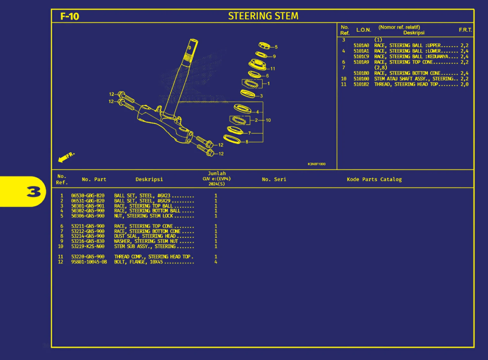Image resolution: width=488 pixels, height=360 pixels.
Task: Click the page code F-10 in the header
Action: click(x=70, y=16)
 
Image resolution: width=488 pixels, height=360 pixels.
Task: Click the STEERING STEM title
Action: click(x=263, y=16)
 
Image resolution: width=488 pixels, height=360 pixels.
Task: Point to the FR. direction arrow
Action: click(x=66, y=157)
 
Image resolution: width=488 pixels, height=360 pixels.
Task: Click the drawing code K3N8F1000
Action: click(x=316, y=164)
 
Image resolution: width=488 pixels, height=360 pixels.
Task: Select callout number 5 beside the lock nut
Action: click(x=276, y=47)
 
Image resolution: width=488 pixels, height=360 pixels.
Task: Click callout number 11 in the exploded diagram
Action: click(x=272, y=69)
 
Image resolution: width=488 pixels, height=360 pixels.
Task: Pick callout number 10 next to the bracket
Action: click(x=268, y=120)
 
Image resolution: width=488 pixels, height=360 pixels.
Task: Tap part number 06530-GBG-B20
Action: click(x=88, y=195)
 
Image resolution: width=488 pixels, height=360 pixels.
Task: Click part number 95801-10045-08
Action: click(x=89, y=262)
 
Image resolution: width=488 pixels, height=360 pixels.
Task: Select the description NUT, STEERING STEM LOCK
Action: click(x=143, y=216)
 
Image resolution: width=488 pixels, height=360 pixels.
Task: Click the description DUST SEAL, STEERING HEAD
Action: click(x=145, y=236)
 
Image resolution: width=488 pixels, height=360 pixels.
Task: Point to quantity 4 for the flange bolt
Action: click(x=216, y=262)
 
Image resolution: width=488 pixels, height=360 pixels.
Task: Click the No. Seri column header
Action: click(x=274, y=180)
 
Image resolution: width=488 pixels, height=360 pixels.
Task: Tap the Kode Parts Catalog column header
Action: click(x=374, y=180)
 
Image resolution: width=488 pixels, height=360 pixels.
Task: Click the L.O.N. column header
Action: click(x=363, y=30)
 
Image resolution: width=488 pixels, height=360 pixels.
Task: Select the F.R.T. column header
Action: click(x=465, y=30)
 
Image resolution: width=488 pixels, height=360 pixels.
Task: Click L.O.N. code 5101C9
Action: click(x=361, y=57)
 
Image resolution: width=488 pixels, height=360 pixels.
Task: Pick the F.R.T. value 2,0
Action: click(x=464, y=84)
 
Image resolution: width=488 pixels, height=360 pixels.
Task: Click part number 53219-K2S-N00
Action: click(x=88, y=247)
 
